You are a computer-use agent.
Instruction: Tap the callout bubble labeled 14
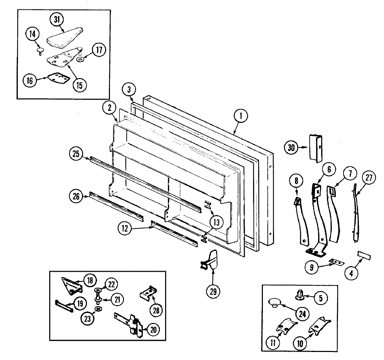(32, 35)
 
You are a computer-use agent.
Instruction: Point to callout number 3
(129, 89)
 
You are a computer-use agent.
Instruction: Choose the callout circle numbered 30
(291, 148)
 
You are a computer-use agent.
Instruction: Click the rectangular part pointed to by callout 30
(316, 148)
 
